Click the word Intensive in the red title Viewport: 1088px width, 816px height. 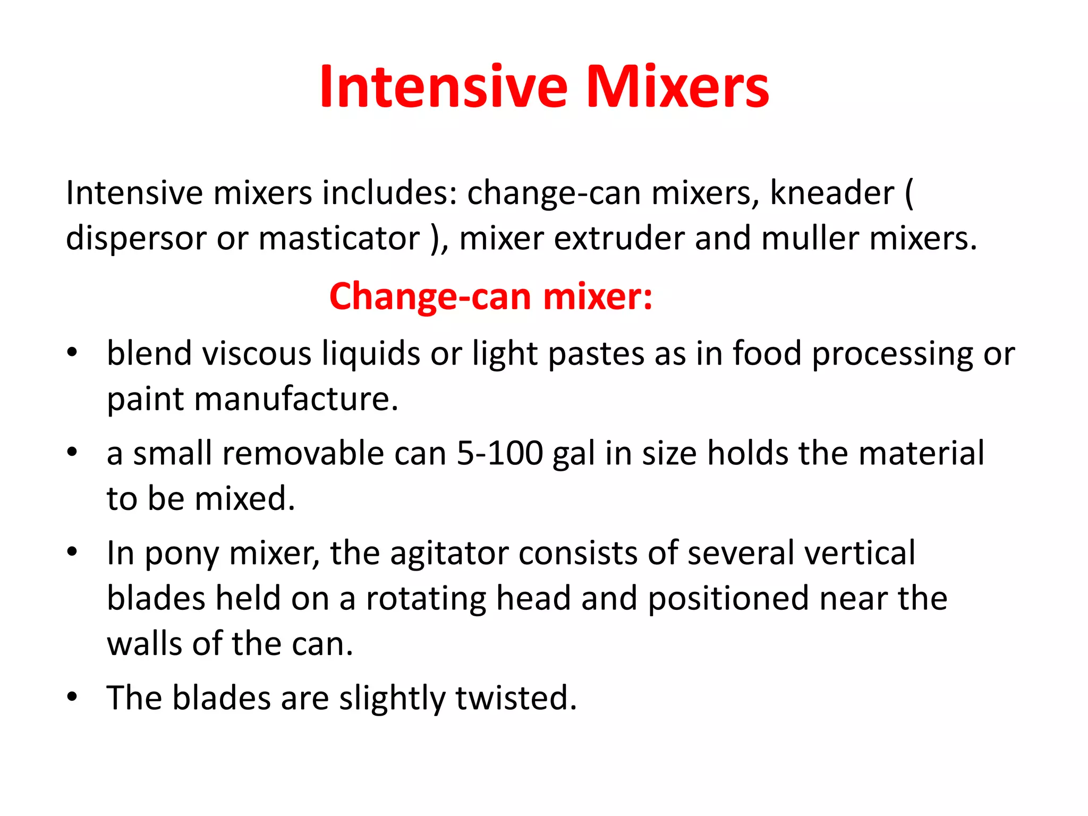[x=444, y=87]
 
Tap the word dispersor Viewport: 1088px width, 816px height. [x=136, y=239]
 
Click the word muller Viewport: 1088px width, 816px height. [x=810, y=239]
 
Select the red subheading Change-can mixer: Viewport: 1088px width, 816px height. [x=491, y=296]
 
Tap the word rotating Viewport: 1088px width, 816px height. [x=426, y=599]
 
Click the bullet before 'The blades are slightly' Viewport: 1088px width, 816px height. [x=73, y=696]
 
